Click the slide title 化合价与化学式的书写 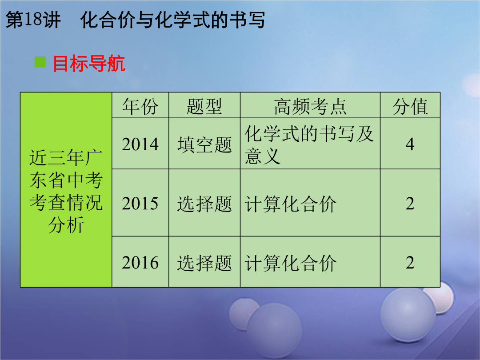(x=172, y=20)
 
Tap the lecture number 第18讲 (x=33, y=20)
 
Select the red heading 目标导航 (x=89, y=64)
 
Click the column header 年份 (x=140, y=107)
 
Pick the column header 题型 (x=204, y=107)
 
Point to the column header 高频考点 (x=310, y=107)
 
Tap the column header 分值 (x=410, y=107)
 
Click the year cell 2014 (x=140, y=144)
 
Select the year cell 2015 (x=140, y=204)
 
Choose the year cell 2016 (x=140, y=263)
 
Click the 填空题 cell (x=204, y=144)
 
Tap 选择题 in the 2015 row (x=204, y=204)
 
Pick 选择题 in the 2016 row (x=204, y=263)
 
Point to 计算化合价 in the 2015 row (x=290, y=204)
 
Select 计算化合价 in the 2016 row (x=290, y=263)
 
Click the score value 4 (x=410, y=144)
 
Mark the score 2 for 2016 (x=410, y=263)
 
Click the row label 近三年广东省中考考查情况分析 (x=66, y=191)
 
